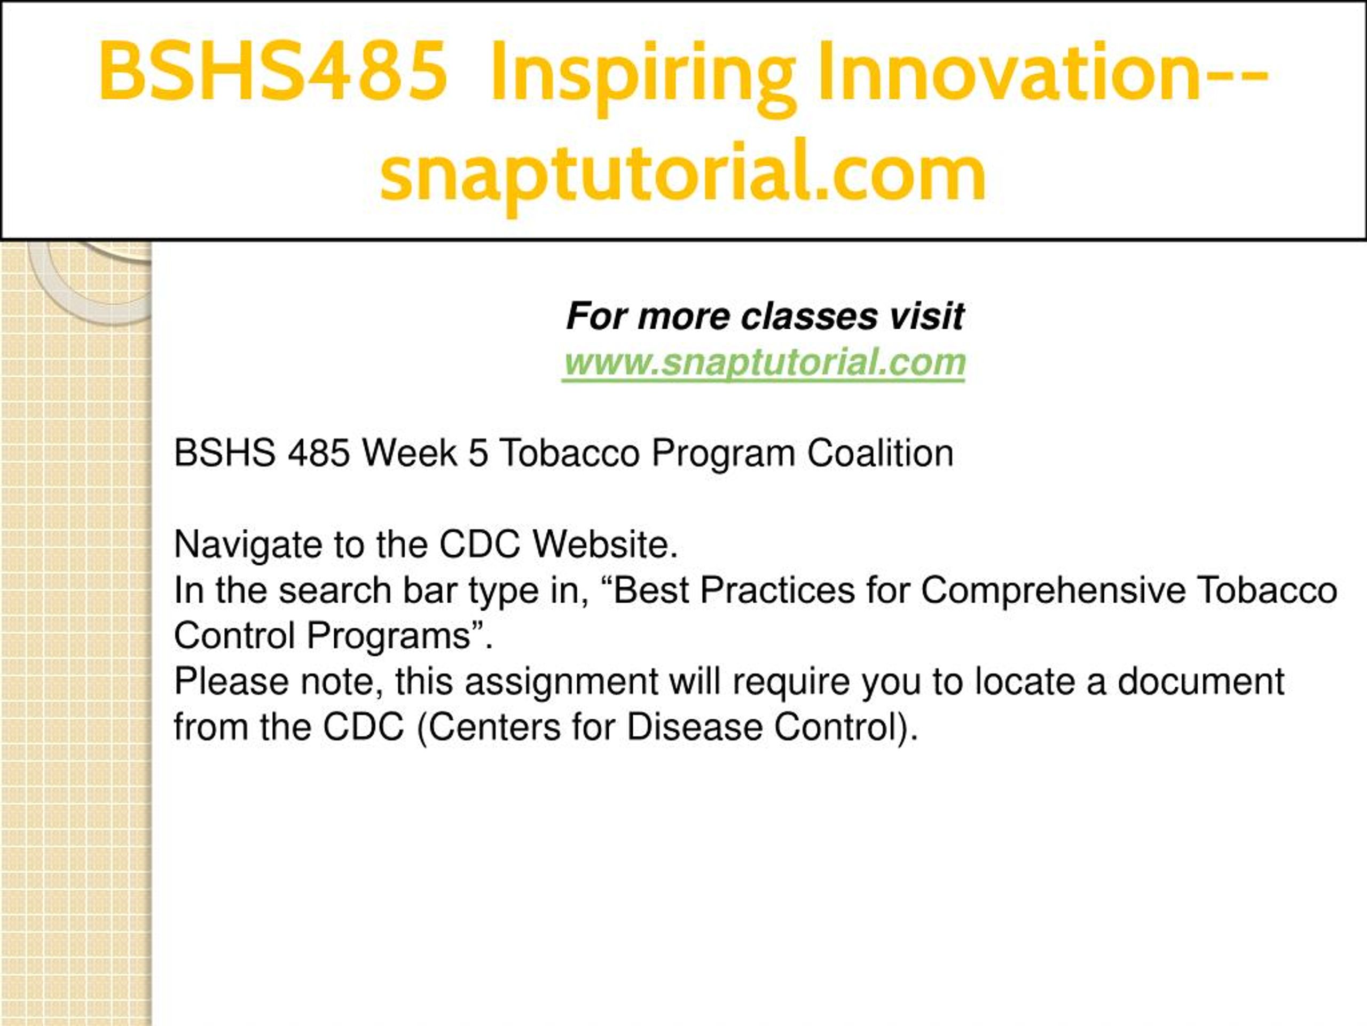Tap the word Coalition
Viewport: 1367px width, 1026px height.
pos(880,453)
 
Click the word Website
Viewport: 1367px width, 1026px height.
pos(606,544)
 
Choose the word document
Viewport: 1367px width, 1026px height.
pos(1201,681)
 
